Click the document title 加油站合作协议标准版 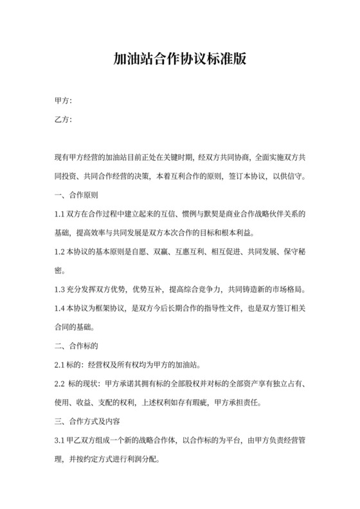click(179, 58)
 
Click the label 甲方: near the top click(63, 101)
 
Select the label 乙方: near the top click(63, 120)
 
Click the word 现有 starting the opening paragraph click(62, 157)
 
